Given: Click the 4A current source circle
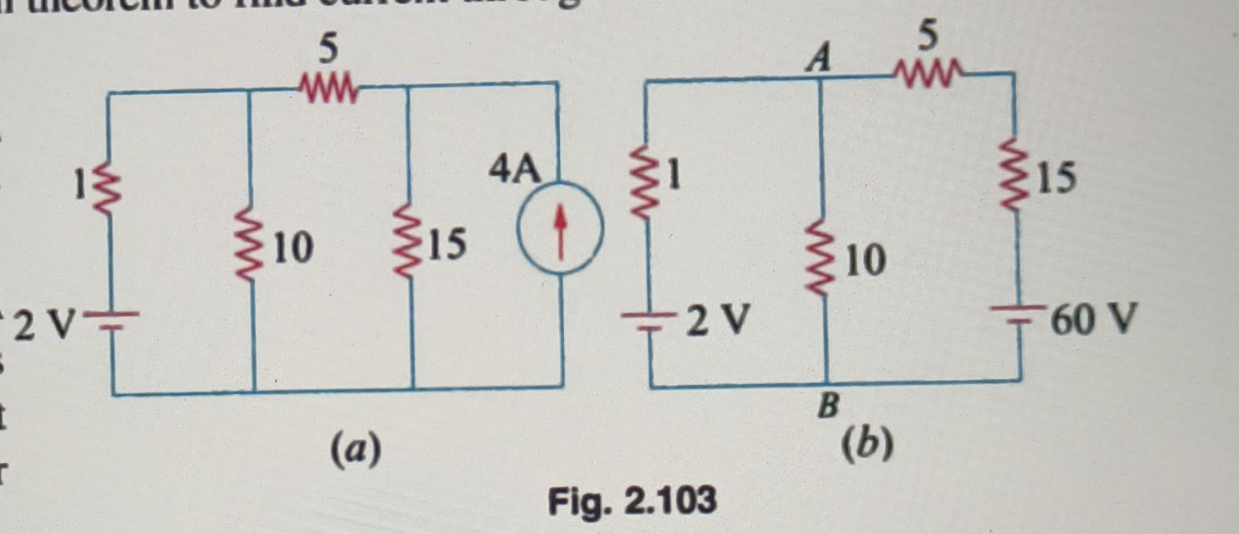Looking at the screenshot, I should click(x=560, y=228).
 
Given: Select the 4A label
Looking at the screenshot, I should click(x=514, y=170).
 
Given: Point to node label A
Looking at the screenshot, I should click(x=819, y=58).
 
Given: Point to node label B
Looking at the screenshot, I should click(x=828, y=406).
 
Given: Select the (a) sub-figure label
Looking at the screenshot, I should click(x=356, y=450).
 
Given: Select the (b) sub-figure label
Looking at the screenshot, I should click(x=868, y=444).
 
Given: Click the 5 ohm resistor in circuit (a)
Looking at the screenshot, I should click(x=328, y=89).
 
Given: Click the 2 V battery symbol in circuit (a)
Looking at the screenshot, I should click(x=111, y=321).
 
